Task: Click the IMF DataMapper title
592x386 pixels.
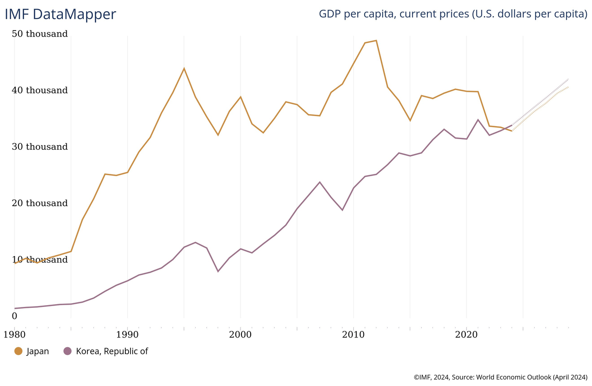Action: coord(60,14)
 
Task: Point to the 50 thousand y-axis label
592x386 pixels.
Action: coord(40,34)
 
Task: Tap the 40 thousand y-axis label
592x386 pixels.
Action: coord(40,90)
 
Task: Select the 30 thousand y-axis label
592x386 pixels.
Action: coord(40,147)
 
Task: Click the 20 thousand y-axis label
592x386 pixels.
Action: coord(40,203)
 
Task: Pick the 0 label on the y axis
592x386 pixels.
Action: coord(14,316)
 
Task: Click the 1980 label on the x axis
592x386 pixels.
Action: coord(14,334)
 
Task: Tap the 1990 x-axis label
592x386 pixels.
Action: coord(127,334)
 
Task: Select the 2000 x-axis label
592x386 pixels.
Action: coord(240,334)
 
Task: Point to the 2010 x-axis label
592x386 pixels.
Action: coord(353,334)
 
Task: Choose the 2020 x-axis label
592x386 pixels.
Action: coord(466,334)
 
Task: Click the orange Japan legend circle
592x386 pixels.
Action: coord(18,351)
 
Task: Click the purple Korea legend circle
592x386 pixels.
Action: coord(68,351)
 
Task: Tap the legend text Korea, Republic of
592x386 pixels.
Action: coord(112,351)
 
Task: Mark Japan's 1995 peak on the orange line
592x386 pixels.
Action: coord(184,68)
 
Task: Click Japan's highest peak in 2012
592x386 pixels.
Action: coord(376,40)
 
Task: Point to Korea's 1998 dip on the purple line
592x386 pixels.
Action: coord(218,271)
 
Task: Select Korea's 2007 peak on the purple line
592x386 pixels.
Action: coord(320,182)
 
